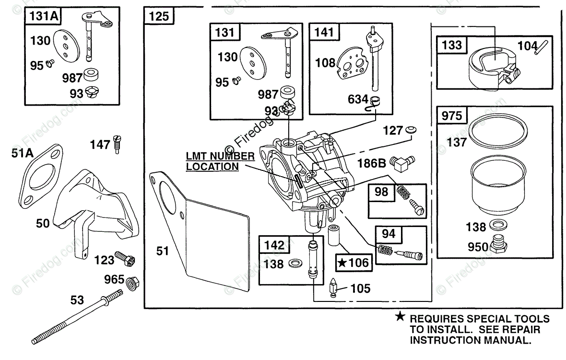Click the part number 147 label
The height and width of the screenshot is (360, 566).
pyautogui.click(x=100, y=145)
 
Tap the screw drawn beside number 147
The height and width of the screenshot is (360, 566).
pyautogui.click(x=117, y=144)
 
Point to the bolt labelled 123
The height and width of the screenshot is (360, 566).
pyautogui.click(x=125, y=259)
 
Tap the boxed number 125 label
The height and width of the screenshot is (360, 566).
pyautogui.click(x=159, y=16)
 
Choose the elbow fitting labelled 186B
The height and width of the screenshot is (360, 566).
pyautogui.click(x=404, y=163)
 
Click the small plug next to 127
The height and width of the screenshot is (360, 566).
pyautogui.click(x=411, y=130)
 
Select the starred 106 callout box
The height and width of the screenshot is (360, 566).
pyautogui.click(x=354, y=263)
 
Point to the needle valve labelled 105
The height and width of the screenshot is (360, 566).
pyautogui.click(x=333, y=288)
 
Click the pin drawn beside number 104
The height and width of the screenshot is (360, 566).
pyautogui.click(x=542, y=48)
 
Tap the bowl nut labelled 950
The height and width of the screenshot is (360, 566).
pyautogui.click(x=498, y=244)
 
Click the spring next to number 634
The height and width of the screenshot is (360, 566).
pyautogui.click(x=374, y=104)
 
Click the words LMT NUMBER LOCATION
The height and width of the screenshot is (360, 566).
pyautogui.click(x=220, y=161)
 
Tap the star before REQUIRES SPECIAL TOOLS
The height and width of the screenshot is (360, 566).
pyautogui.click(x=400, y=317)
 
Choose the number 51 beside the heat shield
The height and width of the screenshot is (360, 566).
pyautogui.click(x=163, y=251)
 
